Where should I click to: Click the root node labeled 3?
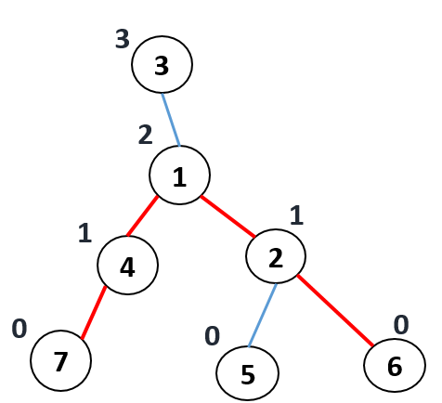[x=162, y=64]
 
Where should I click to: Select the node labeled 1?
[x=179, y=175]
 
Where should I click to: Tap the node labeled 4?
[x=127, y=265]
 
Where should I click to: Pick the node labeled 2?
[x=276, y=256]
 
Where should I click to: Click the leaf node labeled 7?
[x=60, y=361]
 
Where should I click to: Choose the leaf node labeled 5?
[x=247, y=373]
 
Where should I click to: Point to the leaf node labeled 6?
[x=395, y=366]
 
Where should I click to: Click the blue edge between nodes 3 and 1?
[x=171, y=120]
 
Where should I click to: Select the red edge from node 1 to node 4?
[x=142, y=216]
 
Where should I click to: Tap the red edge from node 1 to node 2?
[x=227, y=216]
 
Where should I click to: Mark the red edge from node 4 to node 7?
[x=94, y=313]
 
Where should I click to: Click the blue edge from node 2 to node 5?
[x=263, y=315]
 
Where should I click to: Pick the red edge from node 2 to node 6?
[x=335, y=310]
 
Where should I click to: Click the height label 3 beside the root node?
[x=123, y=39]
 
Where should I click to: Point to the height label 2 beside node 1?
[x=145, y=135]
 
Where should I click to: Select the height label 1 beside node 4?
[x=84, y=233]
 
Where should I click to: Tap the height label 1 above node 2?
[x=296, y=215]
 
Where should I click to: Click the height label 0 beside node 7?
[x=19, y=329]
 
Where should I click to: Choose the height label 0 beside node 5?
[x=213, y=336]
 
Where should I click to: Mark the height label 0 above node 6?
[x=401, y=325]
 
